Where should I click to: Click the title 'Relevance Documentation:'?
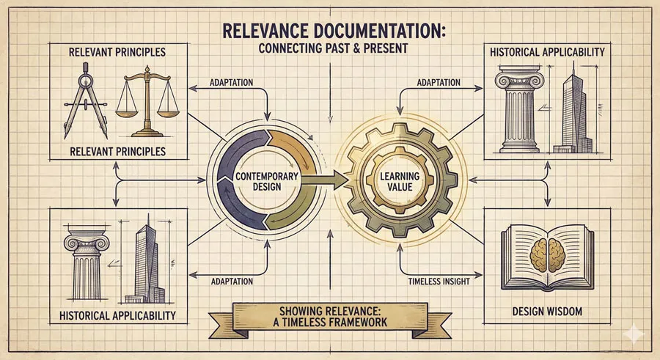point(330,32)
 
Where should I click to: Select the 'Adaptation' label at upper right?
point(439,83)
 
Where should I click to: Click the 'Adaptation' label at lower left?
point(232,281)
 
